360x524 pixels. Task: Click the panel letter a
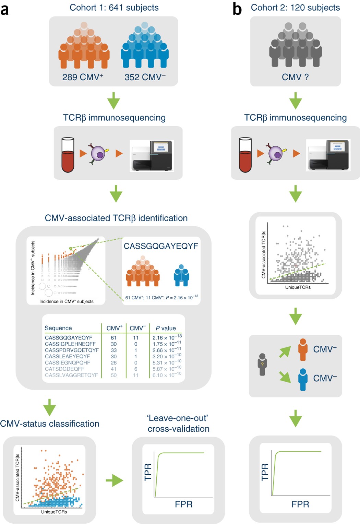point(5,10)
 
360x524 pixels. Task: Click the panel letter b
point(237,9)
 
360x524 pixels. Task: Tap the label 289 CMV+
point(83,77)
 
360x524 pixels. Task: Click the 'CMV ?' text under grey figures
point(295,77)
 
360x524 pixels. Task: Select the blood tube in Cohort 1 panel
point(68,155)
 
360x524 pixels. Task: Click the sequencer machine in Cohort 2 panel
point(328,155)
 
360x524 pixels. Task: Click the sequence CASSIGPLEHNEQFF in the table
point(70,344)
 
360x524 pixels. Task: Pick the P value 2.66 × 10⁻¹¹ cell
point(167,350)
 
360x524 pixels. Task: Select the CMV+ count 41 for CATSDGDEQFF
point(113,369)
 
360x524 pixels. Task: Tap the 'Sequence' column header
point(58,328)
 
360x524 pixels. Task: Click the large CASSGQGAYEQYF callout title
point(161,246)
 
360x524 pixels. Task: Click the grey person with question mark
point(262,364)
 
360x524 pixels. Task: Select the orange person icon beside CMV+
point(303,349)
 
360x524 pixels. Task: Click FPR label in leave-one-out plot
point(184,504)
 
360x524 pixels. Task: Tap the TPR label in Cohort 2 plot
point(265,472)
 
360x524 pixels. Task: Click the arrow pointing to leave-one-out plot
point(114,480)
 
